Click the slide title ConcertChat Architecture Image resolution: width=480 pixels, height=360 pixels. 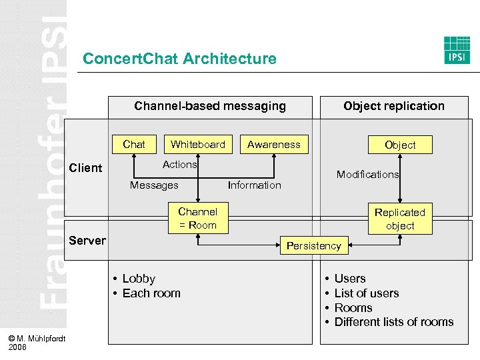179,59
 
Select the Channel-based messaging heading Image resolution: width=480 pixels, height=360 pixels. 210,105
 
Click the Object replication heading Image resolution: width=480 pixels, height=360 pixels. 393,105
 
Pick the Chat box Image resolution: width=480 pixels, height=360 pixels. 134,144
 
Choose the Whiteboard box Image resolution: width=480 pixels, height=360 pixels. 198,144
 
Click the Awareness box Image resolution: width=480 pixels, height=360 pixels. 274,144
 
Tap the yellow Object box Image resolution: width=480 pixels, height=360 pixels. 400,145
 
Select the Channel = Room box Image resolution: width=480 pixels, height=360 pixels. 197,218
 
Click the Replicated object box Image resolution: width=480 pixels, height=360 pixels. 400,219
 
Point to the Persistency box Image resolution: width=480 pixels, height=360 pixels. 313,245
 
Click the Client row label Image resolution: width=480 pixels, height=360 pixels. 86,168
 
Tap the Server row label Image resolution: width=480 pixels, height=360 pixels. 87,240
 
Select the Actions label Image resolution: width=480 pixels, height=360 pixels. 180,164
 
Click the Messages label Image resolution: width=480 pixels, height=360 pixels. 154,185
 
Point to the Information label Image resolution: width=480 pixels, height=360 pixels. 255,185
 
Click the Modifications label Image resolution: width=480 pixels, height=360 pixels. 367,174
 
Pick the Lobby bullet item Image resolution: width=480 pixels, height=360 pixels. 138,279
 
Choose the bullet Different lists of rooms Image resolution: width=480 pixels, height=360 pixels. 393,322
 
